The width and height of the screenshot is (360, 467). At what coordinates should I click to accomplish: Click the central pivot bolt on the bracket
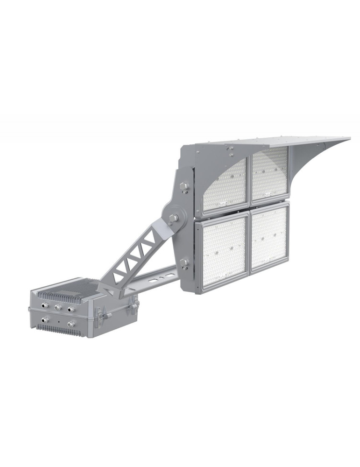pyautogui.click(x=173, y=219)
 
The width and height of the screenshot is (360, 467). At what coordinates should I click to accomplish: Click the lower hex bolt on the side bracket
pyautogui.click(x=184, y=263)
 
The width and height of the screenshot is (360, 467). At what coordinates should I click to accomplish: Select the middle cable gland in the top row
pyautogui.click(x=58, y=307)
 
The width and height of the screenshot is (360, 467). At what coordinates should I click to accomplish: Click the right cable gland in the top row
pyautogui.click(x=71, y=309)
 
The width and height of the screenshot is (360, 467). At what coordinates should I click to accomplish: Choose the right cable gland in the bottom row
pyautogui.click(x=71, y=324)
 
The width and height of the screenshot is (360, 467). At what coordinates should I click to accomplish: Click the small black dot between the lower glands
pyautogui.click(x=58, y=323)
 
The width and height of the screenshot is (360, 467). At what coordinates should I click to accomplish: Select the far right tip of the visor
pyautogui.click(x=349, y=138)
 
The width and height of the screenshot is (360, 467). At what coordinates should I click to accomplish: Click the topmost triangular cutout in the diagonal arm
pyautogui.click(x=151, y=239)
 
